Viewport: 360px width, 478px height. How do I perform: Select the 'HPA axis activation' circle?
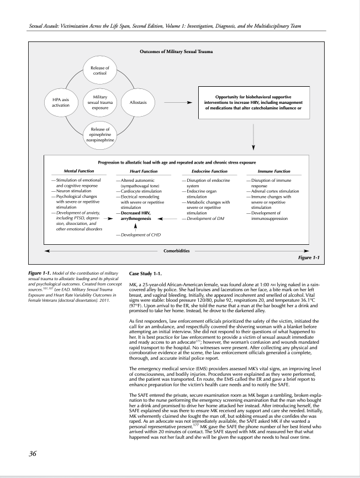(x=58, y=103)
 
